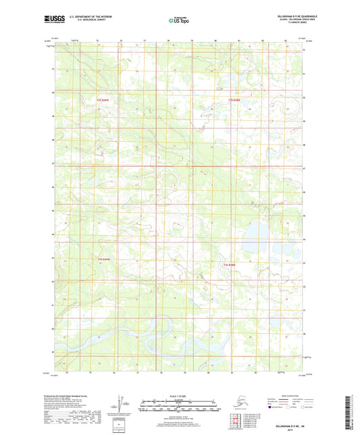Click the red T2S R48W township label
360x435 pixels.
tap(234, 101)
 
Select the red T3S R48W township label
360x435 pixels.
tap(230, 264)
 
